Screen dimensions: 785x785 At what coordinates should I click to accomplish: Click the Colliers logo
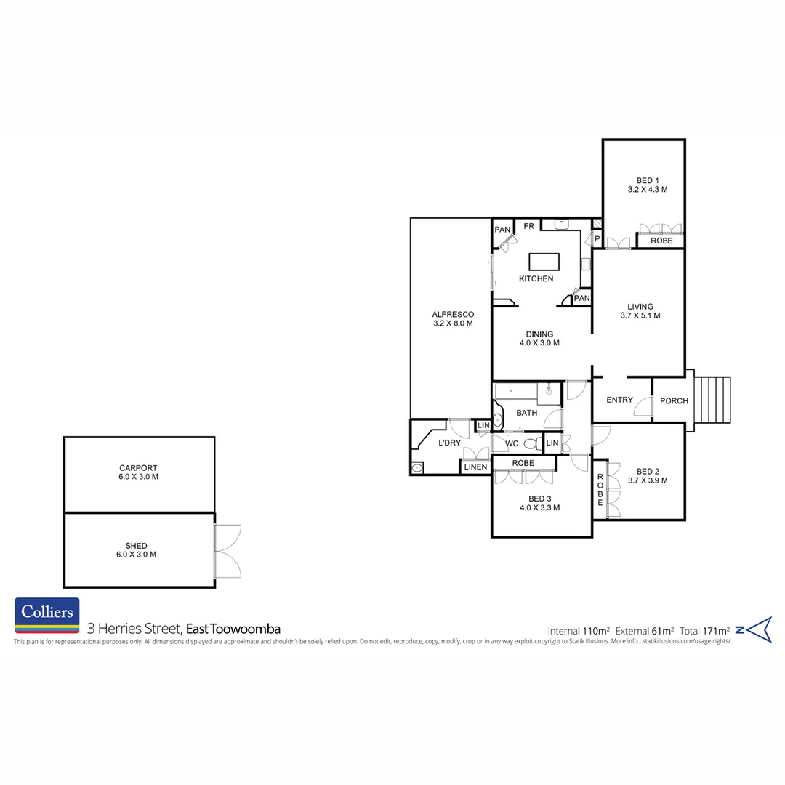[47, 616]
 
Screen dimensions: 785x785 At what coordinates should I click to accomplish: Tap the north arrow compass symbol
[754, 629]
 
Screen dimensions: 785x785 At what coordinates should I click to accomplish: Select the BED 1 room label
[648, 185]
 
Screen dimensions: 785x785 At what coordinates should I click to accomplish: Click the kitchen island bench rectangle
[544, 262]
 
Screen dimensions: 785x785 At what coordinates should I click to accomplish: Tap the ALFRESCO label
[453, 319]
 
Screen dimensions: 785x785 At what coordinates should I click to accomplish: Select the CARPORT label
[138, 472]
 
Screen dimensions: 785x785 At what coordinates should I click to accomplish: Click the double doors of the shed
[228, 551]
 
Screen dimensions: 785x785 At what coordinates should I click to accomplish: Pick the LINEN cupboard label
[475, 467]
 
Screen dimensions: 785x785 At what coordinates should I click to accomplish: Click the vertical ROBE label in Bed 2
[600, 490]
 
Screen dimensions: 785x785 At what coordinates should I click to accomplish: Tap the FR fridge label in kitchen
[529, 226]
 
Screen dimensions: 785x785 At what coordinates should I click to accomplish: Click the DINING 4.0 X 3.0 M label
[539, 339]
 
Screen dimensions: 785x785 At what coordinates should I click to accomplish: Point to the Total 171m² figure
[704, 631]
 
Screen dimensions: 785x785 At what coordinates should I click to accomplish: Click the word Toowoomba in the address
[245, 629]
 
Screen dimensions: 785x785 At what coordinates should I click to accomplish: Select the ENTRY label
[620, 400]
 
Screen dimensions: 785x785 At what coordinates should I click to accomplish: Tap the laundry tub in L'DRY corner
[417, 468]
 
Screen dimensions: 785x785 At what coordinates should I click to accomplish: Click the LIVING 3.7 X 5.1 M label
[640, 311]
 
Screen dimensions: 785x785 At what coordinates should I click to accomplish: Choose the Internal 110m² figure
[579, 631]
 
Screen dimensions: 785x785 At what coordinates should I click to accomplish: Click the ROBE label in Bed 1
[661, 241]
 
